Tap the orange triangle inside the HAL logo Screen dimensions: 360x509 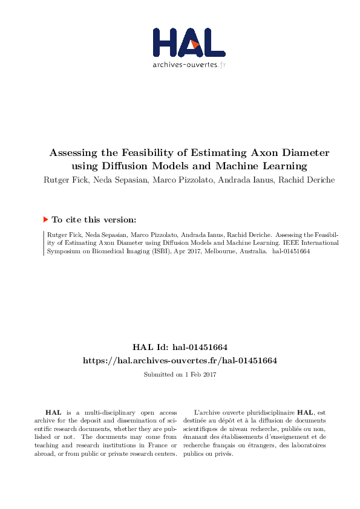tap(194, 44)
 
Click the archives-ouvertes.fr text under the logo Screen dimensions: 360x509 tap(189, 64)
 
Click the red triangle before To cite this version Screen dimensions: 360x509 tap(45, 219)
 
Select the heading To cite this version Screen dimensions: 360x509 tap(94, 220)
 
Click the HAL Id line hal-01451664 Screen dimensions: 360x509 tap(180, 347)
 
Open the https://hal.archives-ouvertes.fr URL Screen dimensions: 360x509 tap(180, 360)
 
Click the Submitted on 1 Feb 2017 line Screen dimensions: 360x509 tap(180, 375)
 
